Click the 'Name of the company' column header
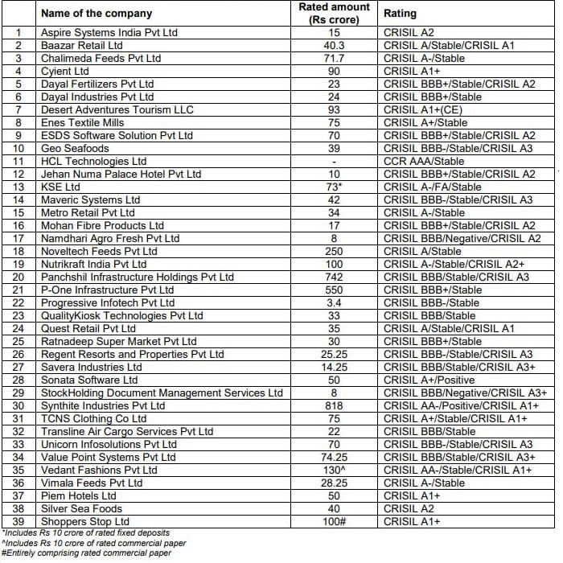[x=96, y=14]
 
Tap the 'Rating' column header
[x=400, y=14]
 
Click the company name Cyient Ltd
[x=65, y=72]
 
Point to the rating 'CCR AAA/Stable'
[x=424, y=162]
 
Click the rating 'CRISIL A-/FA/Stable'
[x=433, y=187]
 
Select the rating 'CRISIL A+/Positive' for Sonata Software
[x=429, y=380]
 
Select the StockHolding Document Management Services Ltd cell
[x=162, y=393]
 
